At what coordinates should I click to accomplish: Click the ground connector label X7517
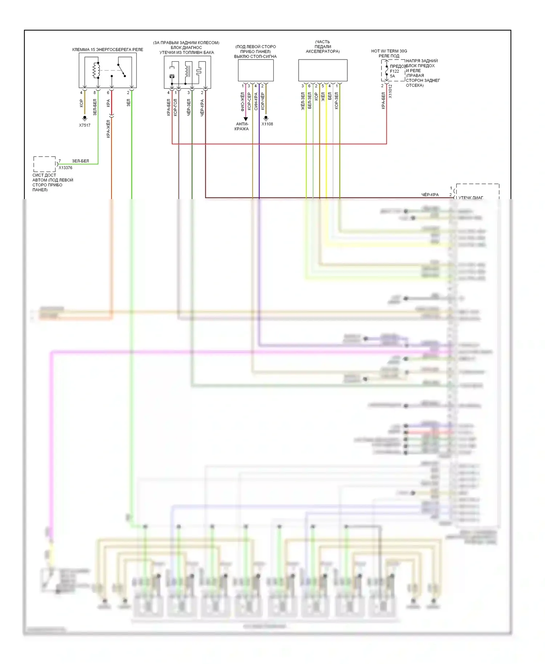tap(85, 125)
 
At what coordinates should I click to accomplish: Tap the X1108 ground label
tap(267, 124)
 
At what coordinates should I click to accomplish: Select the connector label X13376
tap(65, 168)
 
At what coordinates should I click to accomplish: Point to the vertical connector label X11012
tap(391, 92)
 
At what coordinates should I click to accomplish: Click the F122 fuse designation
tap(394, 71)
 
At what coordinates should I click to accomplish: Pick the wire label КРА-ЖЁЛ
tap(108, 129)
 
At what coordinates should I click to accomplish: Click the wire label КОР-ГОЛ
tap(175, 108)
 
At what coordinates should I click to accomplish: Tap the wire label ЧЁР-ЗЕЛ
tap(189, 108)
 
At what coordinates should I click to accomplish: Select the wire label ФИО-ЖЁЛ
tap(242, 101)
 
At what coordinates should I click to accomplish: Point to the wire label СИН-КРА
tap(256, 101)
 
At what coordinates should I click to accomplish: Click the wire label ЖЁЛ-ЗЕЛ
tap(303, 101)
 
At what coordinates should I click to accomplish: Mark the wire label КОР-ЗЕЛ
tap(336, 101)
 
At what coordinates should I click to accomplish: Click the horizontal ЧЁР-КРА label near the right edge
tap(430, 195)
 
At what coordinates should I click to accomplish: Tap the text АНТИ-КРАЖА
tap(242, 126)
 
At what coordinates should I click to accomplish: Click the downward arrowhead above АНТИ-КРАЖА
tap(246, 119)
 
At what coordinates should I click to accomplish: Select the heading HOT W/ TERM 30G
tap(389, 51)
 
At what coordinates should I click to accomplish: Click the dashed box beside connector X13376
tap(44, 164)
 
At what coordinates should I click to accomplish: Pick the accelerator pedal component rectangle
tap(323, 70)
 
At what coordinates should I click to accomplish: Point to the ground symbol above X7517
tap(85, 118)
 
